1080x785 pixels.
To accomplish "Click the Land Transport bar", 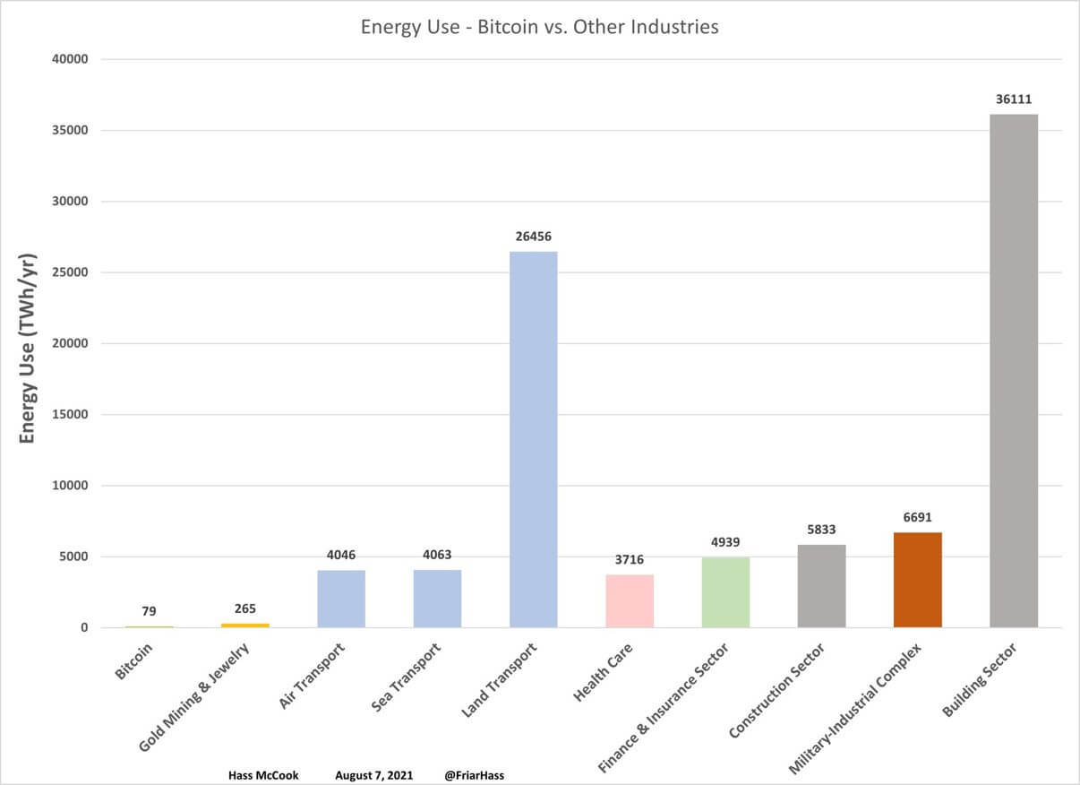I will (534, 439).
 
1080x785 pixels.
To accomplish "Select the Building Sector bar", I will (1014, 371).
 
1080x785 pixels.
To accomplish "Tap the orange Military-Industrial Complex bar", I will (918, 580).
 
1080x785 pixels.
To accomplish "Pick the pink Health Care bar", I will (630, 600).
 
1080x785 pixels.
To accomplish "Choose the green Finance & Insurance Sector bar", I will (725, 592).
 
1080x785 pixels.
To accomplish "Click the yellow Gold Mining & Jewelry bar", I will (245, 625).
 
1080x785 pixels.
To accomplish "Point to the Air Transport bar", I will (341, 599).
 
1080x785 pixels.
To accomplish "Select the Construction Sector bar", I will (822, 586).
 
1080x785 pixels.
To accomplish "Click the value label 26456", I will (534, 237).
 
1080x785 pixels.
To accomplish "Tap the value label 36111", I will (1014, 99).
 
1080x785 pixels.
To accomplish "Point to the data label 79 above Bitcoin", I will (149, 611).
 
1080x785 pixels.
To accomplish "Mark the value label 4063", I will (437, 556).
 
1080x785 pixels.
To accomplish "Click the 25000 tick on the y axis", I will (70, 272).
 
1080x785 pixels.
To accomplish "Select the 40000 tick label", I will (70, 59).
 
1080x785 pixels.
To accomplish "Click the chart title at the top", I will (539, 27).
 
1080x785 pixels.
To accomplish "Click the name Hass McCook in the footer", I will (263, 774).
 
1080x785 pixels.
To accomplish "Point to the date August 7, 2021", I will (373, 774).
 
